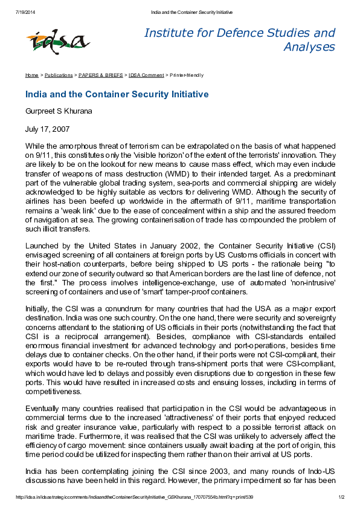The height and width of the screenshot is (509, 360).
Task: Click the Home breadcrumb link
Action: tap(31, 75)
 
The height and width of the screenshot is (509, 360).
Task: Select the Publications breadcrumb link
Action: tap(59, 75)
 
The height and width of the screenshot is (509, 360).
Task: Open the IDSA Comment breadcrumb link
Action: tap(146, 75)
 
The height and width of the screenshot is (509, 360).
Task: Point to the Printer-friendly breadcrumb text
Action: tap(187, 75)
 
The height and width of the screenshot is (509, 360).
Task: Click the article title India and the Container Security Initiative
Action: tap(117, 94)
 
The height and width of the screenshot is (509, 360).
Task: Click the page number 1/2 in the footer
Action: tap(341, 498)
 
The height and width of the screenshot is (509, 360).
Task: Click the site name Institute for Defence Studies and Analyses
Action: tap(239, 39)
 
